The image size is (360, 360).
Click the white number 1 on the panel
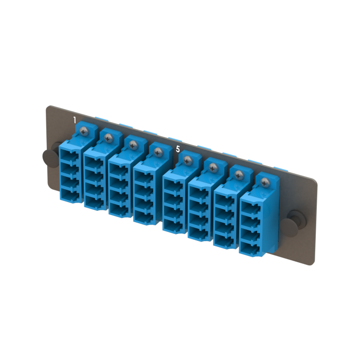[x=75, y=120]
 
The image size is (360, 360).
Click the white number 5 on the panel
[x=178, y=149]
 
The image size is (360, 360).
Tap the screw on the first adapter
[x=83, y=131]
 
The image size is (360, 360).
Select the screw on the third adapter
[x=133, y=145]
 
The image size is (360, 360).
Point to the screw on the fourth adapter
[x=157, y=152]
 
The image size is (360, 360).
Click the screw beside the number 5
[x=187, y=160]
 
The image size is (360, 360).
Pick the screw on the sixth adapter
[x=212, y=167]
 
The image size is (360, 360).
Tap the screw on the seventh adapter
[x=239, y=175]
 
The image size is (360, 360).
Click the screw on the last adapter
[x=265, y=182]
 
